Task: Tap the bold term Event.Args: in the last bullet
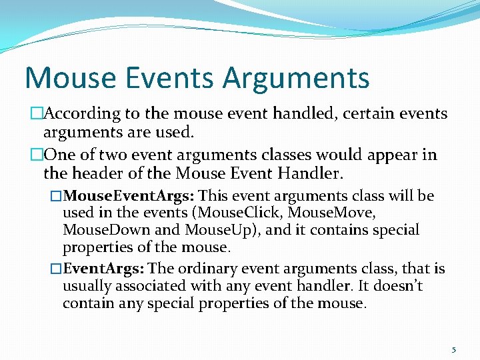click(x=104, y=269)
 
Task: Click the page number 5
click(x=453, y=349)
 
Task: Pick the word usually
click(x=87, y=286)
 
